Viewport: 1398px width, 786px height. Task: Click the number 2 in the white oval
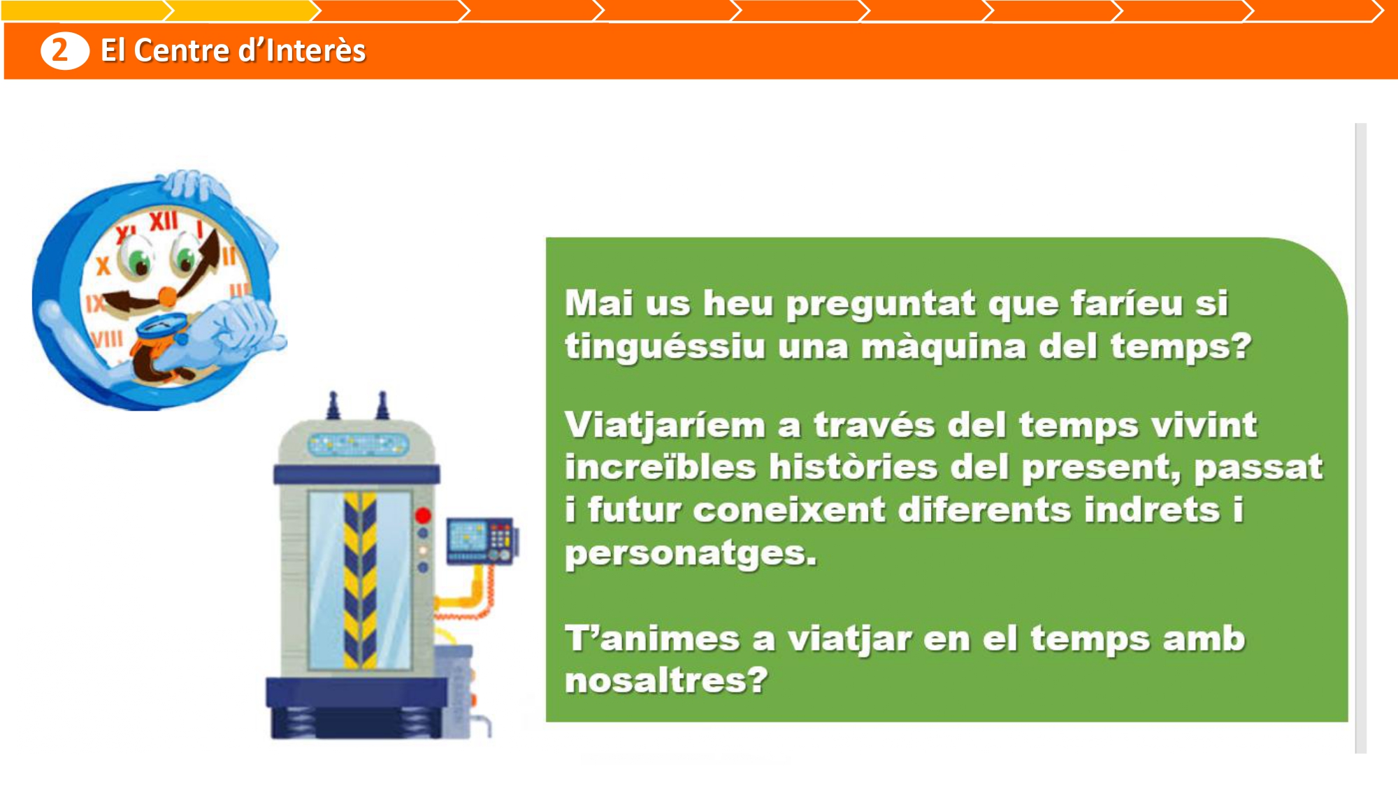tap(60, 50)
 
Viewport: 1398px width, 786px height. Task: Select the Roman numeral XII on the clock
tap(164, 221)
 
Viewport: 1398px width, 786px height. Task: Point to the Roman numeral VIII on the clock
tap(107, 340)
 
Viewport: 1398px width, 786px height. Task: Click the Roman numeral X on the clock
tap(103, 265)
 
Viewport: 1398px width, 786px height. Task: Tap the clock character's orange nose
tap(168, 297)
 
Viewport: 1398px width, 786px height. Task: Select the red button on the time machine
tap(423, 516)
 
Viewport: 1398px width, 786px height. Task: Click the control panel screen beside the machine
tap(467, 536)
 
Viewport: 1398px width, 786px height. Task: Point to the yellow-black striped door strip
tap(360, 580)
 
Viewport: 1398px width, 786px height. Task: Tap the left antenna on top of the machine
tap(333, 406)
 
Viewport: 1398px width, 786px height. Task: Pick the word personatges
tap(691, 554)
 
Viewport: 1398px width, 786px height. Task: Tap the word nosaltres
tap(666, 680)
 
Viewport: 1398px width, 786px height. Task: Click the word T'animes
tap(652, 639)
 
